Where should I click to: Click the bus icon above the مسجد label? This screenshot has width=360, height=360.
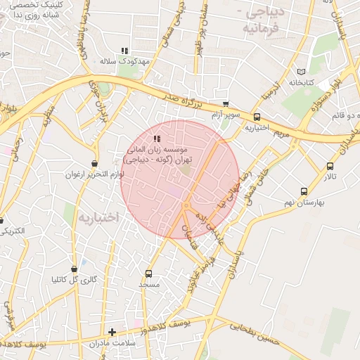pyautogui.click(x=148, y=274)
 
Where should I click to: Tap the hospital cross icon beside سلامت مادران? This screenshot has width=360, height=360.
pyautogui.click(x=112, y=332)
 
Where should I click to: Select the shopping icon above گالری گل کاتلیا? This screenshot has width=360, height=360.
pyautogui.click(x=74, y=269)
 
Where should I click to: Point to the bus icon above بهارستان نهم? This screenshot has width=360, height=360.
pyautogui.click(x=304, y=191)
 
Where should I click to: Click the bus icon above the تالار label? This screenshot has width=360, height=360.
pyautogui.click(x=330, y=166)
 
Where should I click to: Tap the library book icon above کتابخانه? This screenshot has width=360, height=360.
pyautogui.click(x=302, y=72)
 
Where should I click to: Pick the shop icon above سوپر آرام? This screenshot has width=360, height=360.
pyautogui.click(x=225, y=103)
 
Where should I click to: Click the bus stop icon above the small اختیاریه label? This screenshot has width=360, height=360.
pyautogui.click(x=257, y=117)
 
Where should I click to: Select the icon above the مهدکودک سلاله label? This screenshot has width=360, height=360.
pyautogui.click(x=124, y=51)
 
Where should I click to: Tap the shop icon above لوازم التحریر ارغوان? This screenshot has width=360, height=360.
pyautogui.click(x=94, y=163)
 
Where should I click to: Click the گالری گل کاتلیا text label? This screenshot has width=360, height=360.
pyautogui.click(x=75, y=280)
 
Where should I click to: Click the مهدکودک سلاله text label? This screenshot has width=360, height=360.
pyautogui.click(x=125, y=62)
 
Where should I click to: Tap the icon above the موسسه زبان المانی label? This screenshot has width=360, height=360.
pyautogui.click(x=156, y=139)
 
